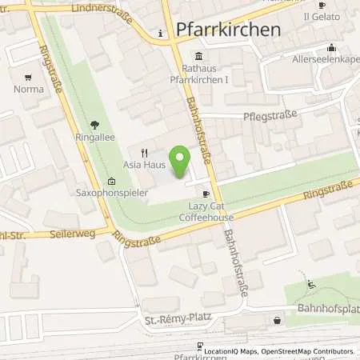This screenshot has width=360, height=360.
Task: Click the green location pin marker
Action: pyautogui.click(x=182, y=162)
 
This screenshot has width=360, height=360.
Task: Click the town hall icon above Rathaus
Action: pyautogui.click(x=198, y=56)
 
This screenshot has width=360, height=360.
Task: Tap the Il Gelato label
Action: pyautogui.click(x=318, y=15)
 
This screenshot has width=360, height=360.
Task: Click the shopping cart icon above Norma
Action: pyautogui.click(x=29, y=78)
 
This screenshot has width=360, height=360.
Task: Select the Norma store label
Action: pyautogui.click(x=29, y=89)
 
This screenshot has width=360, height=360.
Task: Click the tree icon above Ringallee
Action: pyautogui.click(x=95, y=125)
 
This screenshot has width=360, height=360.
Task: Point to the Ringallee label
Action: pyautogui.click(x=95, y=137)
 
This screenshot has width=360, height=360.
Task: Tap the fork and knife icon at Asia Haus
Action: pyautogui.click(x=145, y=152)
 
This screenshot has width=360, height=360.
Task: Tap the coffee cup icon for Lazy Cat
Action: pyautogui.click(x=206, y=194)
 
